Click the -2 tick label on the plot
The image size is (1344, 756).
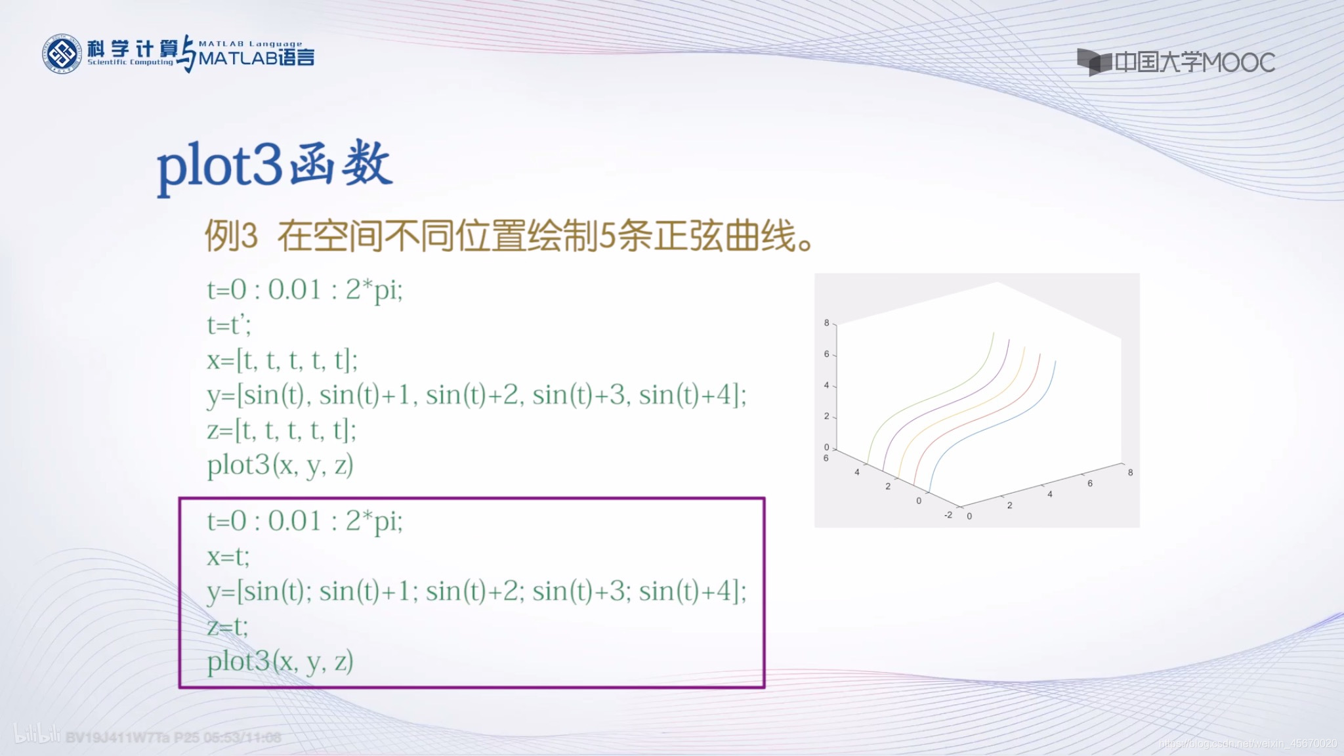pos(948,514)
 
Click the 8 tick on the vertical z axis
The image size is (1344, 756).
pos(826,322)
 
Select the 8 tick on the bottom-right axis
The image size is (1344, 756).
pos(1130,472)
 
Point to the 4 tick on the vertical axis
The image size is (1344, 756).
pos(826,385)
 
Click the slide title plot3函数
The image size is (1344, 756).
pos(274,165)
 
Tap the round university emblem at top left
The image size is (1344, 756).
pos(62,54)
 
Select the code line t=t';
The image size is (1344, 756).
pos(229,324)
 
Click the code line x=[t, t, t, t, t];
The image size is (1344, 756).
pos(282,360)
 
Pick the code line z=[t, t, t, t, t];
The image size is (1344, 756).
pos(282,430)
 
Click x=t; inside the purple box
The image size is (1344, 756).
pos(228,556)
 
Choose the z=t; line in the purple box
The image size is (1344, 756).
pos(228,626)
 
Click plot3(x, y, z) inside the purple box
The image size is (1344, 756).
pos(280,661)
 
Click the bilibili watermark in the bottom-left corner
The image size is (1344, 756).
pos(37,735)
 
